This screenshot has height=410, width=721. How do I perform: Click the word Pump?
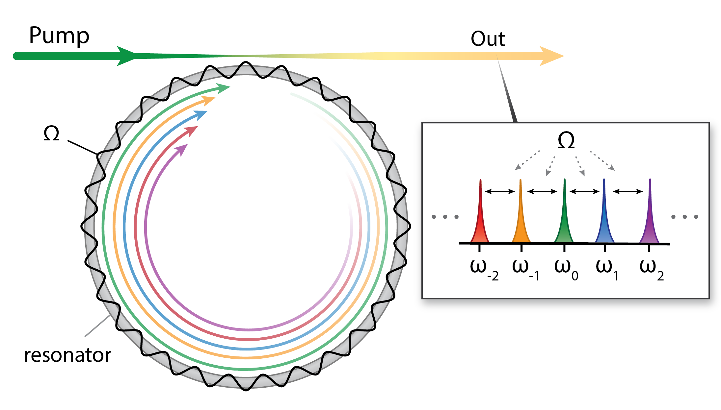coord(59,36)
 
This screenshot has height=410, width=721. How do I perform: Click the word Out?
coord(488,39)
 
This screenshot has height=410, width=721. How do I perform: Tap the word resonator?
coord(67,355)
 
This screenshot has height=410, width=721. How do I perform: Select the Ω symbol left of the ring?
coord(51,133)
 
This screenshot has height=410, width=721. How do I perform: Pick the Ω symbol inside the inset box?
coord(566,141)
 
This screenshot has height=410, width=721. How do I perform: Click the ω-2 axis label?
coord(484,270)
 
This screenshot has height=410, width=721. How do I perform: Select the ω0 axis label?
coord(566,270)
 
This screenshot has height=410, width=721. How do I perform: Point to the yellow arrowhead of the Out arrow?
coord(550,56)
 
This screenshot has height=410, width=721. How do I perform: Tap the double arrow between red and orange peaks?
coord(500,191)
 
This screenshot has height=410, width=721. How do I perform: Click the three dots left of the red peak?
coord(445,217)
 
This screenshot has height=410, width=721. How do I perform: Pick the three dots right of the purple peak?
coord(685,217)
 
